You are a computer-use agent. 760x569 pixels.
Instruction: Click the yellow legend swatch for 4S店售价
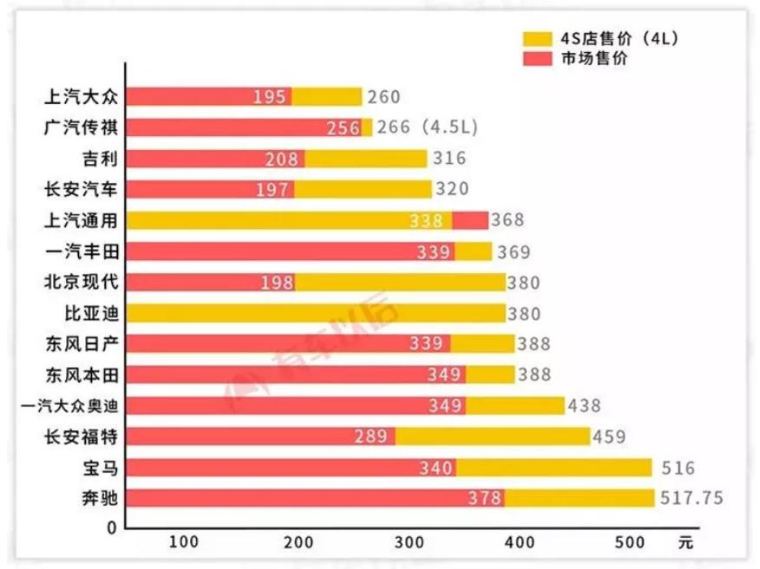pos(538,39)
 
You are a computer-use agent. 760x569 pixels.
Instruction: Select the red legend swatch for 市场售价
pos(538,58)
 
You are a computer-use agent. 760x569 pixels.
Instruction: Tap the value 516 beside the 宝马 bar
pos(678,468)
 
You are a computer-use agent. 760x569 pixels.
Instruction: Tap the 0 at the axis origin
pos(112,526)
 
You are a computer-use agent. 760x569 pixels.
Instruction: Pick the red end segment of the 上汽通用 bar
pos(469,220)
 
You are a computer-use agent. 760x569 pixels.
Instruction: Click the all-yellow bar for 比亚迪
pos(317,313)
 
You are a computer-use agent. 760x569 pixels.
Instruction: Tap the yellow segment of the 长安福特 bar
pos(492,436)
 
